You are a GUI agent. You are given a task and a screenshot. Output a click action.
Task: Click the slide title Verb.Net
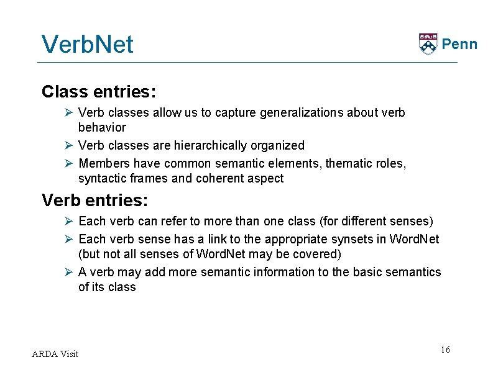[87, 44]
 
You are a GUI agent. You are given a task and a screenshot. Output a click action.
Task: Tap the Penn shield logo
[428, 43]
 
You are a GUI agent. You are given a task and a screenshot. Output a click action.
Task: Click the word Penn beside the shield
[459, 44]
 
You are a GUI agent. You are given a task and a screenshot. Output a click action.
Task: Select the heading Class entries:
[99, 92]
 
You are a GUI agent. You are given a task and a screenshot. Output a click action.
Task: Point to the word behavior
[102, 128]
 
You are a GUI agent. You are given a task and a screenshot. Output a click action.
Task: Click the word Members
[103, 164]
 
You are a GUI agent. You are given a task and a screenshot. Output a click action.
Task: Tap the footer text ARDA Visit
[55, 354]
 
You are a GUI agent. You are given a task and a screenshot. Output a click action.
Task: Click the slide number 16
[445, 350]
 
